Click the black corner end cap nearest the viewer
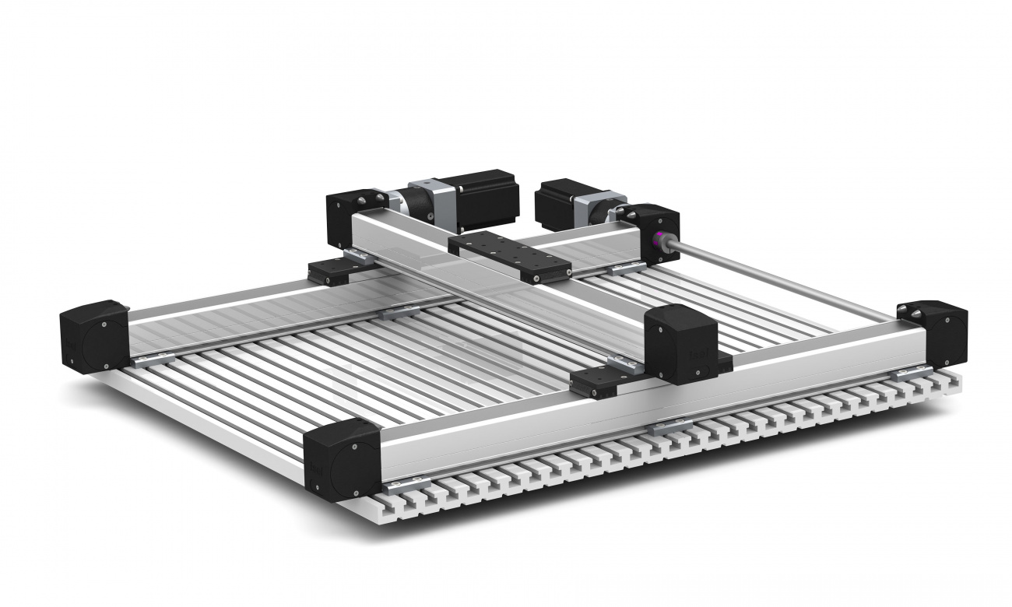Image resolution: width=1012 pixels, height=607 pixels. coord(341,458)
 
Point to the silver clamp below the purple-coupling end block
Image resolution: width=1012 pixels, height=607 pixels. coord(627,268)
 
